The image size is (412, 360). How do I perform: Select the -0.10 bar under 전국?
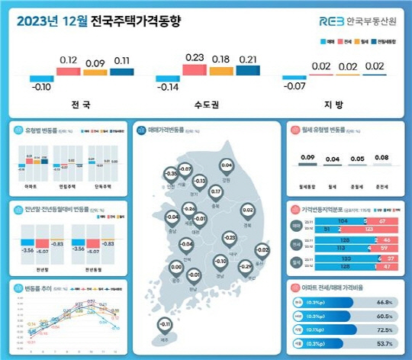pos(42,79)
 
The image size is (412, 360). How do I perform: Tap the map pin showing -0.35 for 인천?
pos(170,175)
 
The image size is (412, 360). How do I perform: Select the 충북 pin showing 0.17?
pos(215,192)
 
